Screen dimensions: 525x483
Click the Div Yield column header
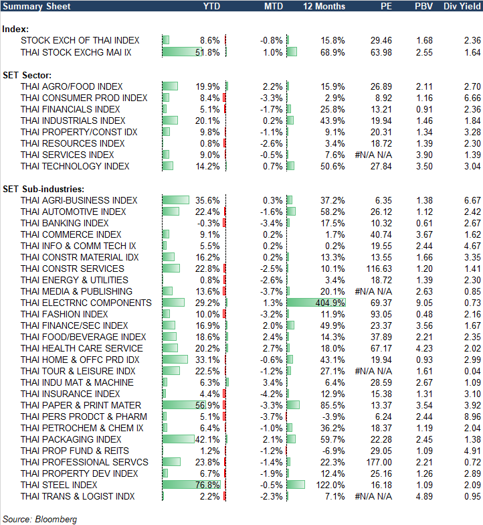(461, 6)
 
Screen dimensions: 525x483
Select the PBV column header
(423, 6)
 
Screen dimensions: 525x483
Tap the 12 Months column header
(324, 6)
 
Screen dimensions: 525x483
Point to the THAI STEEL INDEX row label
(59, 485)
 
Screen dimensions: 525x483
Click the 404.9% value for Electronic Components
(331, 303)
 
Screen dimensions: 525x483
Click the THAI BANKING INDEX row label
(64, 223)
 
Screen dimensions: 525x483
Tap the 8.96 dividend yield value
(472, 417)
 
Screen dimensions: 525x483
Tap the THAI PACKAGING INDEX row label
(71, 439)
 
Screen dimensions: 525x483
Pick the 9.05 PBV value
(423, 303)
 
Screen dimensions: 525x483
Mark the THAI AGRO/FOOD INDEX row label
(72, 86)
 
